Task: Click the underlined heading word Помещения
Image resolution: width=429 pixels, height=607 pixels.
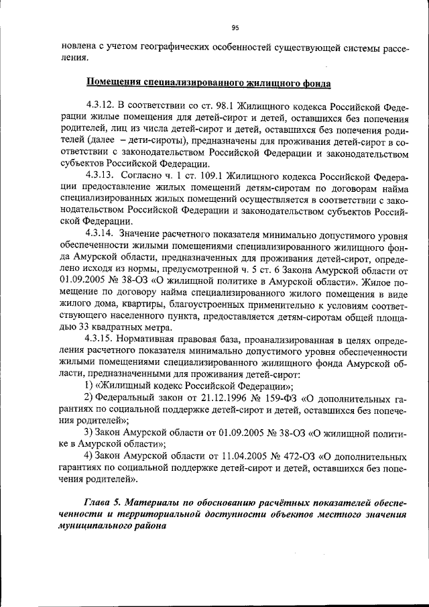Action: [114, 82]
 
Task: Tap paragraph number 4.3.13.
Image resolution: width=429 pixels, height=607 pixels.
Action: [100, 176]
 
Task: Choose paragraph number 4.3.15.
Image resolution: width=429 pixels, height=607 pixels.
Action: [100, 339]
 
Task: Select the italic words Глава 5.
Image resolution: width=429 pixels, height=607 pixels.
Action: [103, 502]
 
